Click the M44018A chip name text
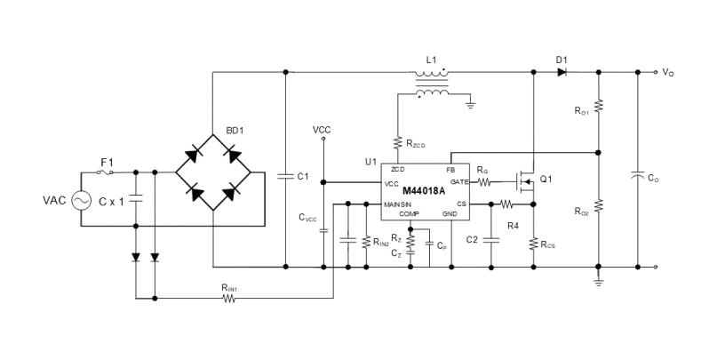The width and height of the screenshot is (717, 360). tap(424, 191)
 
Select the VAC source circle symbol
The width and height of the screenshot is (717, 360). tap(81, 200)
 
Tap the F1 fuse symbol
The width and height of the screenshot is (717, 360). tap(105, 172)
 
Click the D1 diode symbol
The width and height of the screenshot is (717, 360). tap(562, 72)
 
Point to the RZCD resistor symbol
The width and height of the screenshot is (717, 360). tap(397, 143)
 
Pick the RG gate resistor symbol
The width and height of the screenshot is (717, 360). tap(484, 182)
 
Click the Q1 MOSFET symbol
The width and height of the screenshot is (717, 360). tap(525, 181)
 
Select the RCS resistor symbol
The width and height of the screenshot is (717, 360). tap(533, 244)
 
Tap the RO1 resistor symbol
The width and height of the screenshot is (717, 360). tap(599, 106)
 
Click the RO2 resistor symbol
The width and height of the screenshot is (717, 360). tap(599, 206)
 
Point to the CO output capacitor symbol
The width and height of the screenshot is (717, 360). tap(638, 175)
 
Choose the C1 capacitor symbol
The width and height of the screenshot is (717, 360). tap(285, 176)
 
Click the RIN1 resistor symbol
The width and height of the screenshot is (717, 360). tap(228, 299)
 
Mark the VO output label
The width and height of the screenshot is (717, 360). tap(668, 73)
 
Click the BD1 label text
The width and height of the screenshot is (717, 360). tap(235, 131)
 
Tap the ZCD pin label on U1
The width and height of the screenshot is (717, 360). tap(398, 169)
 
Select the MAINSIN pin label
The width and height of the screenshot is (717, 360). tap(397, 204)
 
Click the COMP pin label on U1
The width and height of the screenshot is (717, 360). tap(409, 213)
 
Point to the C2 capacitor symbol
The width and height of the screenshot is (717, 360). tap(491, 240)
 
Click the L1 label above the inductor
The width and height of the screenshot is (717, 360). tap(431, 60)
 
